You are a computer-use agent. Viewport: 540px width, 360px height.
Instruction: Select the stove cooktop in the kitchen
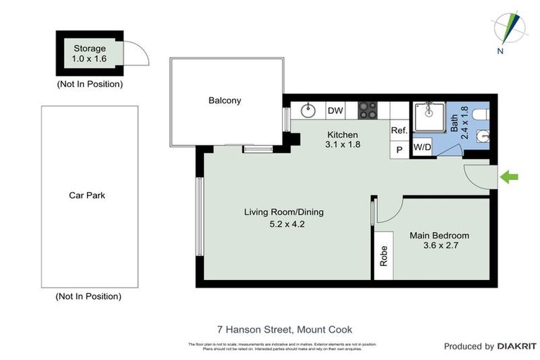(x=367, y=110)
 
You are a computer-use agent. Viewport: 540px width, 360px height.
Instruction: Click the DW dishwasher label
(x=335, y=110)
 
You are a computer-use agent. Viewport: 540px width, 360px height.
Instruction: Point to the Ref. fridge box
(x=399, y=130)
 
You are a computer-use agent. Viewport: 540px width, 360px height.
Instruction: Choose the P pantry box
(x=399, y=150)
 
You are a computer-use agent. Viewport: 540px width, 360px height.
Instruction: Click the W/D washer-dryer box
(x=422, y=148)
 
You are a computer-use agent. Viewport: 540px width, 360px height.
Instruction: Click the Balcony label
(x=225, y=101)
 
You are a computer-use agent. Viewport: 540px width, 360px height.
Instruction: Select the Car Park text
(x=86, y=195)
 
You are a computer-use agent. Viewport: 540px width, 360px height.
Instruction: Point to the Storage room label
(x=89, y=49)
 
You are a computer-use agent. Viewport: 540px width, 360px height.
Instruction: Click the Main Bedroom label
(x=439, y=236)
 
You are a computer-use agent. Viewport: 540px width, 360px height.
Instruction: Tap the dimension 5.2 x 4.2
(x=284, y=225)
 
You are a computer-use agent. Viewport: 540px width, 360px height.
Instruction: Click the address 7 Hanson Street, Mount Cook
(x=284, y=329)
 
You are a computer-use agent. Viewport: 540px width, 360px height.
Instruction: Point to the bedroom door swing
(x=388, y=209)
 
